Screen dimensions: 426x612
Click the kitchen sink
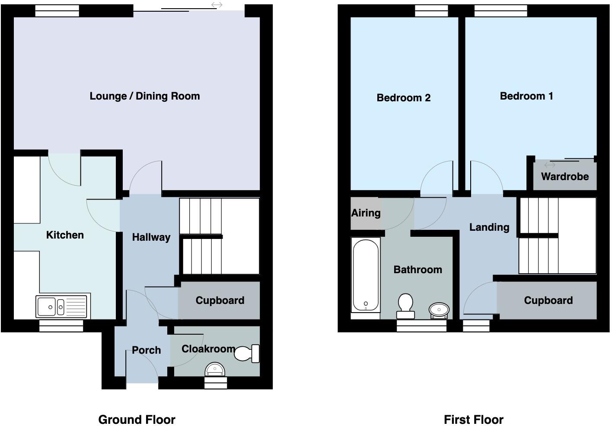(x=62, y=307)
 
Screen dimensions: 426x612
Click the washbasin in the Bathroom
(x=439, y=310)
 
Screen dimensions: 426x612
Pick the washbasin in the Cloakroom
(x=215, y=370)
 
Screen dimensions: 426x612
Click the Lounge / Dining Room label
(x=145, y=96)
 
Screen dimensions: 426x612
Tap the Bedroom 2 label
(x=404, y=98)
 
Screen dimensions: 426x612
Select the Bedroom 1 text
(x=526, y=96)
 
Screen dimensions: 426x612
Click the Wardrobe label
(x=564, y=177)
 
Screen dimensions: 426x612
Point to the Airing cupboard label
(x=366, y=213)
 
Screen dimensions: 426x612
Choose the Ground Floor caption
(x=137, y=420)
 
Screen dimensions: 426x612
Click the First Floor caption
(x=473, y=420)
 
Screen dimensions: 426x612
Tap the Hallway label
(x=151, y=237)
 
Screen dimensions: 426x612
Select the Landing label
(x=489, y=227)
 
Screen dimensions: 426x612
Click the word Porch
(x=146, y=350)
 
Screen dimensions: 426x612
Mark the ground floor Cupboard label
(x=220, y=300)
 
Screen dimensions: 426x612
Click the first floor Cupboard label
(x=548, y=300)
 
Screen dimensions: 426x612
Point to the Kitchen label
(x=65, y=235)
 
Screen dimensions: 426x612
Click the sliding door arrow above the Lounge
(x=217, y=5)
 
